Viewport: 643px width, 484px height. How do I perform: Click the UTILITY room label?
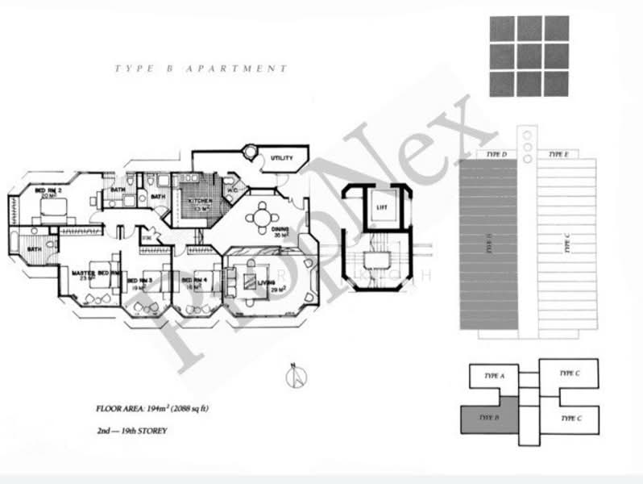click(282, 158)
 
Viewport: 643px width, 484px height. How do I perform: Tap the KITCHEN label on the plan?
click(199, 200)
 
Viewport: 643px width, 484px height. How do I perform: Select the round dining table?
click(262, 217)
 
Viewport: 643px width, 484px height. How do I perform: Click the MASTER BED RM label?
click(95, 274)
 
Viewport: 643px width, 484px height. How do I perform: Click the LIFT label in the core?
click(382, 207)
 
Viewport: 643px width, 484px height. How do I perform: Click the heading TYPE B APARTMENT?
click(201, 69)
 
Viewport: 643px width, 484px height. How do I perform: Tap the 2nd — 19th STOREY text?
click(131, 432)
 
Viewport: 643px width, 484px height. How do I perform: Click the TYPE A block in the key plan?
click(494, 376)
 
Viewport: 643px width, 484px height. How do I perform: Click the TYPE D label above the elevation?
click(497, 153)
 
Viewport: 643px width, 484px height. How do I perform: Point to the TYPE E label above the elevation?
click(557, 153)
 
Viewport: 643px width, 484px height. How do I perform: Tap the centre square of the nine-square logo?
click(529, 56)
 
